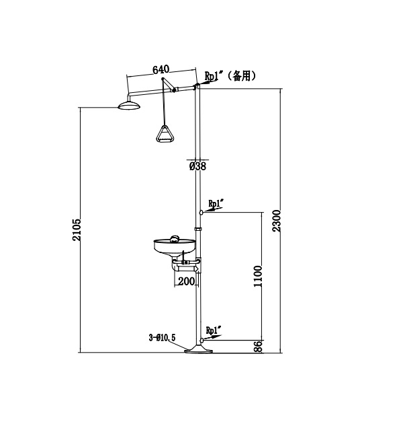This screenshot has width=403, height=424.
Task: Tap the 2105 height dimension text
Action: click(x=77, y=231)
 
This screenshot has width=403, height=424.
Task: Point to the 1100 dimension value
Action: click(x=257, y=277)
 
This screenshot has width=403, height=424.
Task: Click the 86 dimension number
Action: click(x=257, y=347)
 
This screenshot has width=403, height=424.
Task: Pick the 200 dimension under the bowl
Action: click(x=186, y=281)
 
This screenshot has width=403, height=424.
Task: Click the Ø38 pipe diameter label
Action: click(x=197, y=166)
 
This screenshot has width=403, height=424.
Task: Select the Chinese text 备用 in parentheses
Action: click(x=242, y=76)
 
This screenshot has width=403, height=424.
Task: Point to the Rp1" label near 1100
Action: click(x=216, y=203)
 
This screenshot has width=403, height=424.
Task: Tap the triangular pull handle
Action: click(x=164, y=133)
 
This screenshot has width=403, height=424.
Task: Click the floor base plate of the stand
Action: click(x=199, y=349)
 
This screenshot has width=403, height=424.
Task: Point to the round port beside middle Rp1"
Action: click(x=200, y=213)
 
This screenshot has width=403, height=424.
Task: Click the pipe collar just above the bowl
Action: click(x=198, y=229)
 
